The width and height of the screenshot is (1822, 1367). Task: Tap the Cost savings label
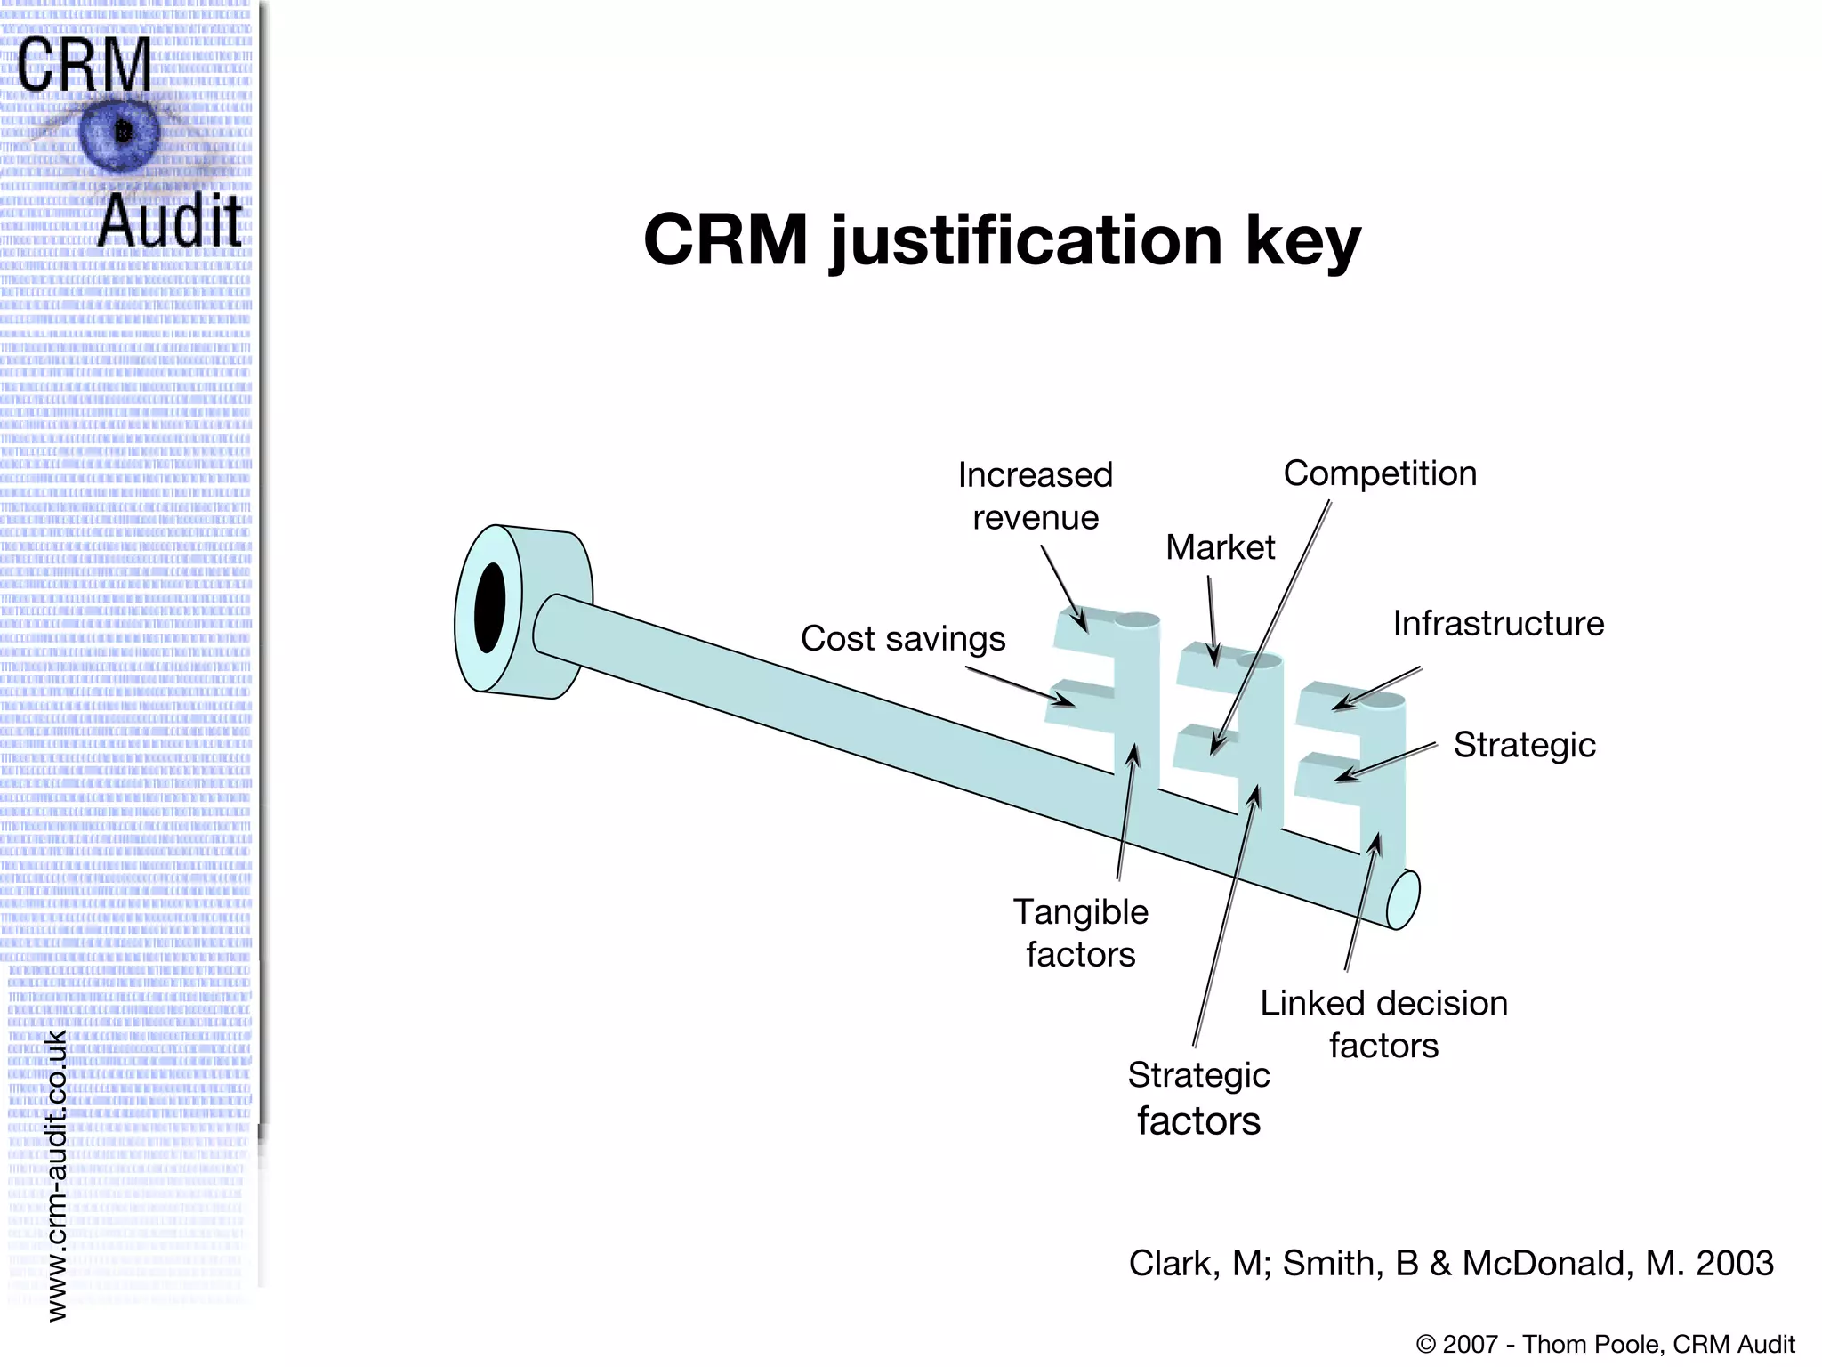902,639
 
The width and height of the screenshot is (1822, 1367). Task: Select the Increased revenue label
1035,497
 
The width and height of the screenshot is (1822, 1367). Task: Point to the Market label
1220,547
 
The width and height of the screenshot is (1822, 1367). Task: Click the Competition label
1379,473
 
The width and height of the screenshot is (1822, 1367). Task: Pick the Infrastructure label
1498,624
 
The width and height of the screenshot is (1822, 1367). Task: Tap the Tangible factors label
1080,933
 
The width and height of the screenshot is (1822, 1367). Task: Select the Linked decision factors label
1383,1023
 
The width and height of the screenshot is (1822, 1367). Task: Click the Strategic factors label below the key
1198,1097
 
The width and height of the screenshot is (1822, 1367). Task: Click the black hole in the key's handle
489,607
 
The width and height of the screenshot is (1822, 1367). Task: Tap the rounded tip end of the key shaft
1403,900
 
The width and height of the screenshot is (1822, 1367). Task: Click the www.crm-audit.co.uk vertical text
56,1175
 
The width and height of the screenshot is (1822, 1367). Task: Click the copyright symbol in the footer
1425,1344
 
